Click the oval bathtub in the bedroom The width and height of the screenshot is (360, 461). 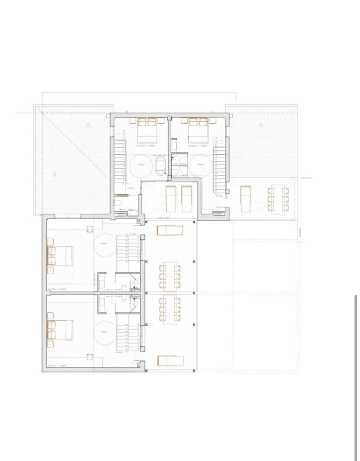tap(160, 166)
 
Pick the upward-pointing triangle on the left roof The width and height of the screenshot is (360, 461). tap(88, 124)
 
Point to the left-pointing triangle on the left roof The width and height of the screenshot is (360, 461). tap(54, 174)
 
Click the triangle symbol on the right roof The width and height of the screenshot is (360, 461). tap(260, 124)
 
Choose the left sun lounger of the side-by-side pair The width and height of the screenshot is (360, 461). tap(171, 198)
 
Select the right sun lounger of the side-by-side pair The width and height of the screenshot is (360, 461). tap(186, 198)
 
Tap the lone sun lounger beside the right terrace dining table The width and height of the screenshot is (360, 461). tap(245, 198)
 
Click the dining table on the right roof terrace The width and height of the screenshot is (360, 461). tap(277, 199)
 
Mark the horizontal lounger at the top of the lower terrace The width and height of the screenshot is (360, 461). tap(170, 230)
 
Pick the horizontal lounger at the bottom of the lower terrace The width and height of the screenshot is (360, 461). tap(170, 361)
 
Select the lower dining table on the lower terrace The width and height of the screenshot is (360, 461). tap(169, 310)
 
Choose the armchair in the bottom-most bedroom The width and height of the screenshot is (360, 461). tap(90, 356)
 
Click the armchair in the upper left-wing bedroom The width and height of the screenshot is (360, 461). tap(90, 229)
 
